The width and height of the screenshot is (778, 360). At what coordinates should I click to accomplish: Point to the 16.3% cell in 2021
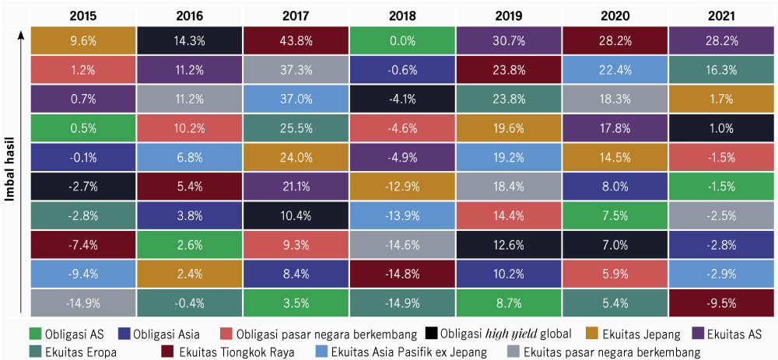tap(721, 70)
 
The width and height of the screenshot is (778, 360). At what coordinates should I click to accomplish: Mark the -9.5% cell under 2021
tap(721, 301)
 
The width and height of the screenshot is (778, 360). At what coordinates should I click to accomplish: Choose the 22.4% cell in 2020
tap(615, 70)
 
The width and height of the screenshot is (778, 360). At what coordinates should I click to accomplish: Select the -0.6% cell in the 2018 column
tap(402, 70)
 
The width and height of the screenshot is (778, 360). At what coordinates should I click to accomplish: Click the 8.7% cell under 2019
tap(508, 301)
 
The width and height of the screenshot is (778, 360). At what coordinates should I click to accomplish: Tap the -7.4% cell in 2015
tap(83, 243)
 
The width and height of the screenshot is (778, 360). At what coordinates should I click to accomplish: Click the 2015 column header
tap(83, 16)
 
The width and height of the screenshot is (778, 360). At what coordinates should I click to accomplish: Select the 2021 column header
tap(721, 16)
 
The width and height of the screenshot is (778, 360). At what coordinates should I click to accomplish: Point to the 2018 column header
tap(402, 16)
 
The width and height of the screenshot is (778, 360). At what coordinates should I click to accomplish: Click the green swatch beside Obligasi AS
tap(33, 334)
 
